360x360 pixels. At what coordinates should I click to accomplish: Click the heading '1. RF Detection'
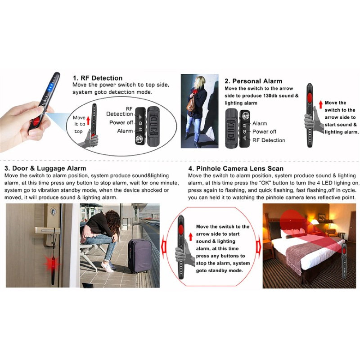[98, 78]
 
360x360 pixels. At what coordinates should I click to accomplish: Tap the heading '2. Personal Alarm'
[253, 81]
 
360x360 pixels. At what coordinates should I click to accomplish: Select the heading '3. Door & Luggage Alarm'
[45, 168]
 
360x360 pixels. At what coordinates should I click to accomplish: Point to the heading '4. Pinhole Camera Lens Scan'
[236, 168]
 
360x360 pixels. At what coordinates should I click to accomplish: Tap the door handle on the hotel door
[47, 230]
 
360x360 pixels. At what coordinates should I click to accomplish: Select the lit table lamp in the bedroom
[316, 223]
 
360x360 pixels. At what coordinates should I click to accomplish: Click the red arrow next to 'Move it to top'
[88, 121]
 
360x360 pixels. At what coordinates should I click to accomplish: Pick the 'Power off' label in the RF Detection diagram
[121, 122]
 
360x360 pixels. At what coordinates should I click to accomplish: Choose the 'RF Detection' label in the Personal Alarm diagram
[269, 140]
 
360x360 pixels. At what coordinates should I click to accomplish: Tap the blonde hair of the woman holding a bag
[199, 82]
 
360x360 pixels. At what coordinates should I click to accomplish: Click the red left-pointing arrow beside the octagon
[163, 247]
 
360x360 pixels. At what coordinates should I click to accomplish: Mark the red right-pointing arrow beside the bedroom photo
[259, 247]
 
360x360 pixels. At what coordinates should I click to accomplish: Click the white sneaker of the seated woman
[107, 267]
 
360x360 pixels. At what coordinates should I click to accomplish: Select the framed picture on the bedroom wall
[322, 217]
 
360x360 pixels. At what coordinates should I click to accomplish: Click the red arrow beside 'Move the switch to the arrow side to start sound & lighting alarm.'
[321, 104]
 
